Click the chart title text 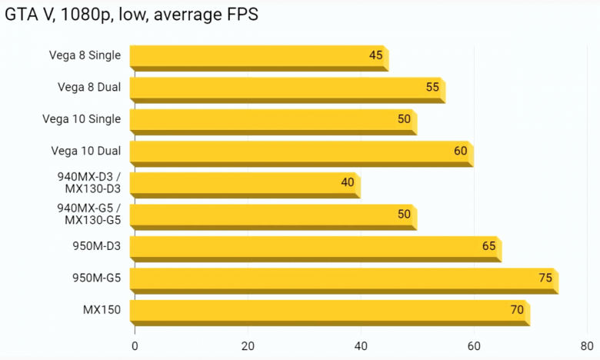pos(132,15)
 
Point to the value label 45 pos(376,55)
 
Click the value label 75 pos(545,278)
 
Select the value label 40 pos(348,182)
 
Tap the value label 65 pos(488,246)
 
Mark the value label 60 pos(461,151)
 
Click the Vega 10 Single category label pos(84,119)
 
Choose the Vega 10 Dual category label pos(85,151)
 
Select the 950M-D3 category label pos(96,246)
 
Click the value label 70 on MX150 pos(517,310)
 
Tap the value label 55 pos(432,87)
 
